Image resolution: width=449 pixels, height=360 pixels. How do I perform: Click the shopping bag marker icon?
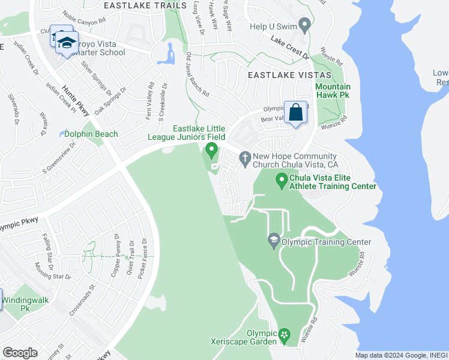(x=297, y=112)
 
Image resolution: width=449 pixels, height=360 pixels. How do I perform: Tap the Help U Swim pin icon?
(x=305, y=26)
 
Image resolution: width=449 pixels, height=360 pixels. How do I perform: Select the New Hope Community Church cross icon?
(x=244, y=158)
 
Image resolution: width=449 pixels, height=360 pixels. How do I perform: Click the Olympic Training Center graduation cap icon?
(x=274, y=241)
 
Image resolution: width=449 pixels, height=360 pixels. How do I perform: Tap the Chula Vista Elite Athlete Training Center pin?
(x=282, y=179)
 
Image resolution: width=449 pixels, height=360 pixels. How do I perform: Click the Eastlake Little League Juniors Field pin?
(x=211, y=149)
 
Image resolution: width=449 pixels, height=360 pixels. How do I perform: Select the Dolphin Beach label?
(x=91, y=134)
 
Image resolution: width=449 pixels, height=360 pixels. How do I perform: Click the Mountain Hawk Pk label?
(x=333, y=91)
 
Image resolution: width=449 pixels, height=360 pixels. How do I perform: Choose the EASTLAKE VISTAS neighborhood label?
(x=289, y=75)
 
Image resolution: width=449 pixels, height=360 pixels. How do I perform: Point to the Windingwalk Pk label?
(x=25, y=304)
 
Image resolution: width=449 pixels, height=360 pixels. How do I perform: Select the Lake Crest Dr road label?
(x=289, y=48)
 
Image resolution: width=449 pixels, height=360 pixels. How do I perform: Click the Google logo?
(x=20, y=352)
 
